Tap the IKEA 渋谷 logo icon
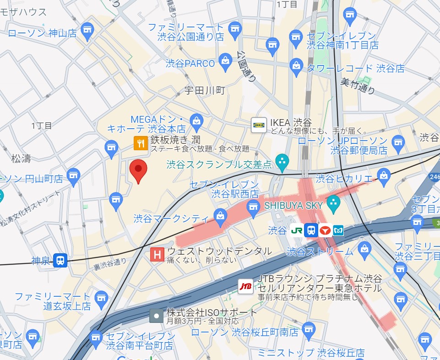(x=259, y=125)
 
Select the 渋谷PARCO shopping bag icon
(x=225, y=60)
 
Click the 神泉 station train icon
(x=60, y=261)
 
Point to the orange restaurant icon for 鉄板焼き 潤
(x=140, y=144)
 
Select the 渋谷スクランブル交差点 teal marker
(x=283, y=160)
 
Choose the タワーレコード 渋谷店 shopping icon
(x=297, y=65)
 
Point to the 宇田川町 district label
(x=205, y=91)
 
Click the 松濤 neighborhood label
(x=21, y=159)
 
